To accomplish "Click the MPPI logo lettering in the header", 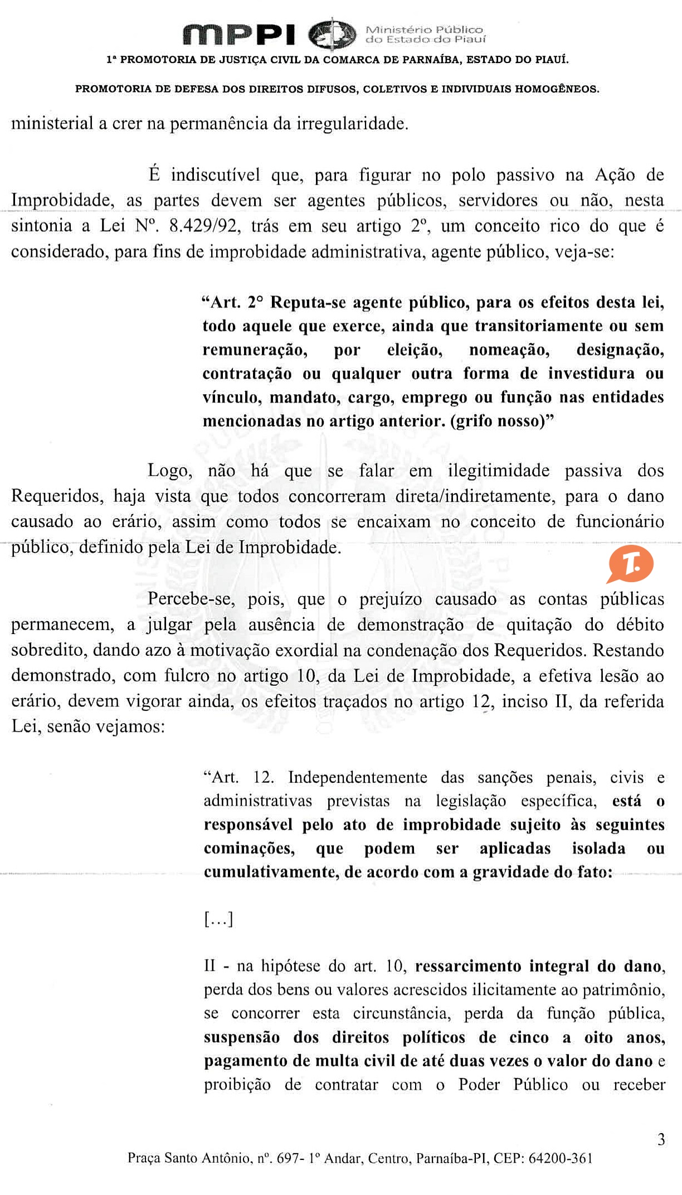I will [x=240, y=35].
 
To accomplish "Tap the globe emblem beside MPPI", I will [x=332, y=34].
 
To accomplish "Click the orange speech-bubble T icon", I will [x=630, y=565].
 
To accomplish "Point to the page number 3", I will [x=661, y=1140].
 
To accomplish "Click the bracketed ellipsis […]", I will [x=218, y=918].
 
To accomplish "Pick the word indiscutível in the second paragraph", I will [x=215, y=175].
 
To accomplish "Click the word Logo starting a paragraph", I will [x=170, y=471].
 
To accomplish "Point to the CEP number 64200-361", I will [x=560, y=1159].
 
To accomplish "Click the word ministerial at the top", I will [x=52, y=124].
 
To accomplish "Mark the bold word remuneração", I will [x=255, y=350].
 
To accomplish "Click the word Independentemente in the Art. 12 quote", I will [x=358, y=777].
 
